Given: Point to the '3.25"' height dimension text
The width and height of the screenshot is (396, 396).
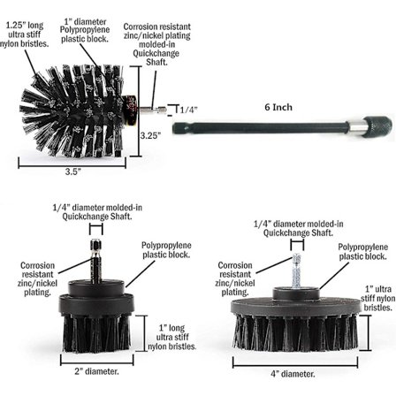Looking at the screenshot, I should (x=150, y=135).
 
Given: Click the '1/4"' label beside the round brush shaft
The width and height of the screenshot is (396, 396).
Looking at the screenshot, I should (x=188, y=110).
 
